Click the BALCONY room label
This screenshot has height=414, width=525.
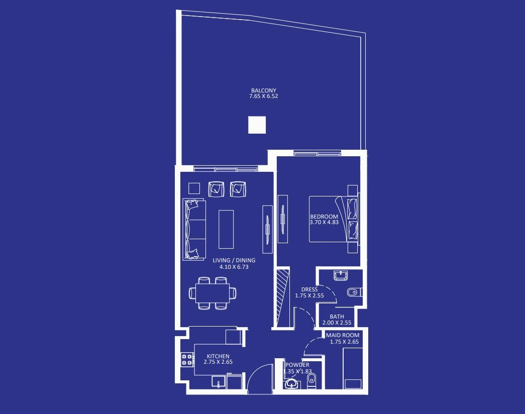tap(263, 90)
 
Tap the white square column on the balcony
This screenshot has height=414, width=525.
tap(257, 125)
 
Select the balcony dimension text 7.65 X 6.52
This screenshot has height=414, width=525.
tap(263, 96)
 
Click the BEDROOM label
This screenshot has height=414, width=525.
tap(324, 217)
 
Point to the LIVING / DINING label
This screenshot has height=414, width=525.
tap(234, 260)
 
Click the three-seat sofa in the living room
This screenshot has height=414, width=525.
tap(194, 230)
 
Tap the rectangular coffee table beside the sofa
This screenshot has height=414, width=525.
tap(226, 229)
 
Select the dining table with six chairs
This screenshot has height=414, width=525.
tap(213, 293)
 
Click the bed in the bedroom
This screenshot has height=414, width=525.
tap(334, 219)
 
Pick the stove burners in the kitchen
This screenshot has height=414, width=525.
tap(187, 359)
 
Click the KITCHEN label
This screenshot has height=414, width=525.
tap(218, 356)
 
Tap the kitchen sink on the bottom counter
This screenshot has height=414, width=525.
tap(219, 382)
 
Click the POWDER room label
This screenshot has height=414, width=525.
tap(297, 365)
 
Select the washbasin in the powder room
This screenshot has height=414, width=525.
tap(291, 384)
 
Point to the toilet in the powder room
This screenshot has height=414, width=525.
tap(311, 381)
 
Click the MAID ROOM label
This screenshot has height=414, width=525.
tap(343, 335)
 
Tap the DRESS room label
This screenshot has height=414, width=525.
tap(309, 289)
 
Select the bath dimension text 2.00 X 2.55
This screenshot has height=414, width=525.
tap(337, 323)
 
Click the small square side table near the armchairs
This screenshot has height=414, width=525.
tap(194, 188)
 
